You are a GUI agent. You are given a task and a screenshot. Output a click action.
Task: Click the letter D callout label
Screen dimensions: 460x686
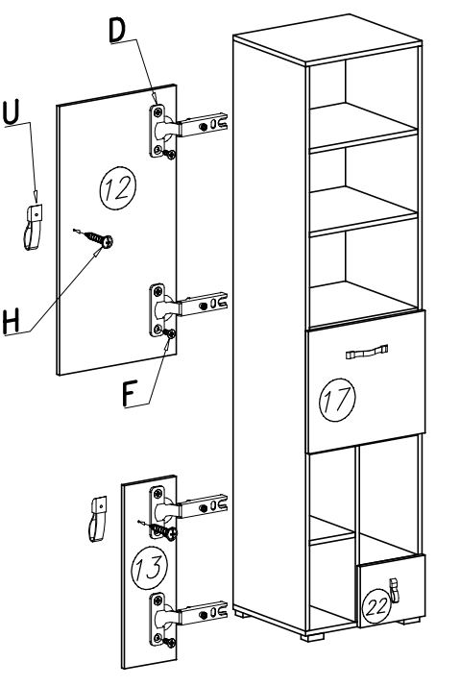tap(117, 31)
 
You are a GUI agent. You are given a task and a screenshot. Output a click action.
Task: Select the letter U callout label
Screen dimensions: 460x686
tap(12, 112)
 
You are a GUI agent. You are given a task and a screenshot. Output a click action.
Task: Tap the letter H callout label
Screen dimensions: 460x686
tap(12, 322)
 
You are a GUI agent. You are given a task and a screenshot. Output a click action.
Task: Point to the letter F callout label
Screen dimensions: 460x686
tap(130, 393)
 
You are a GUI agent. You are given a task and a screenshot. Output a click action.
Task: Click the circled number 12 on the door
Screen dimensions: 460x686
tap(117, 188)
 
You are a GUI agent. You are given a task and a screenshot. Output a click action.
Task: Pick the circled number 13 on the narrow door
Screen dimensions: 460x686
tap(150, 567)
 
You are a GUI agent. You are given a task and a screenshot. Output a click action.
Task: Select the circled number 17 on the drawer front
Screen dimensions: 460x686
tap(337, 400)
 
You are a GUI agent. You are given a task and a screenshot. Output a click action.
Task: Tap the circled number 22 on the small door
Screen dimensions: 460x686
tap(375, 606)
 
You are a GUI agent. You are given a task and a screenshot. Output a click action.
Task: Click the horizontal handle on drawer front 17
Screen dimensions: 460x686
tap(367, 352)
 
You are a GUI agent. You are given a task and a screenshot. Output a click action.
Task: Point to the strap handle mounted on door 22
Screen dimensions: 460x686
tap(395, 590)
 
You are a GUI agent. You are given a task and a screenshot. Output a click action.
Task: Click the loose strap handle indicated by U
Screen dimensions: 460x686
tap(33, 228)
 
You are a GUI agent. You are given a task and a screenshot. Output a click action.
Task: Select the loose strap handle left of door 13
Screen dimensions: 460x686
tap(98, 519)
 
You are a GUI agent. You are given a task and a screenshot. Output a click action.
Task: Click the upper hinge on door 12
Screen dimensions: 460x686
tap(187, 130)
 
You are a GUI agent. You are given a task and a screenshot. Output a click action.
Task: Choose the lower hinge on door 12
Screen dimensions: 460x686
tap(187, 309)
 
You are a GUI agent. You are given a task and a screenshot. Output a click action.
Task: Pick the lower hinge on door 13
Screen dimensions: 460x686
tap(187, 618)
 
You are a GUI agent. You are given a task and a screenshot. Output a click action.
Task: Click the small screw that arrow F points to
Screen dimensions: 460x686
tap(170, 333)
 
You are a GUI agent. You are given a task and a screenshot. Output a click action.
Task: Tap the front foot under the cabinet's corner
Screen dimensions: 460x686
tap(312, 636)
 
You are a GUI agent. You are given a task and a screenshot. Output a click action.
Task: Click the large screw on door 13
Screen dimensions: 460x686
tap(158, 529)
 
